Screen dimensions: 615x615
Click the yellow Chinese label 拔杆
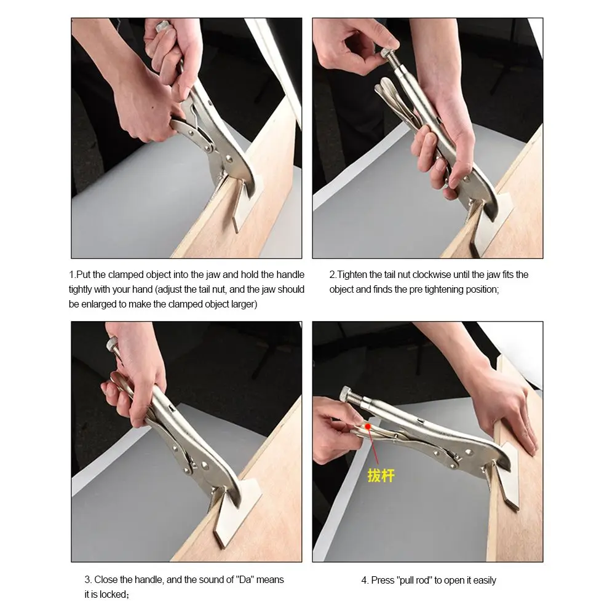coord(381,475)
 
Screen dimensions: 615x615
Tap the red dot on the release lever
coord(368,426)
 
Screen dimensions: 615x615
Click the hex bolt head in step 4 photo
coord(347,394)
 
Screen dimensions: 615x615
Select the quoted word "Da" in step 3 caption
coord(244,580)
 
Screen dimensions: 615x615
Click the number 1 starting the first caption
coord(71,274)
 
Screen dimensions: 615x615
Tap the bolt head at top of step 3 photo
coord(113,344)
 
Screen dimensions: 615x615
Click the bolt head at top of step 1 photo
coord(162,26)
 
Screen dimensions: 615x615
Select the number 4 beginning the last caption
coord(364,581)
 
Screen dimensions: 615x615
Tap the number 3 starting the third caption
coord(87,580)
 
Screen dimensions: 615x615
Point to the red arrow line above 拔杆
coord(373,447)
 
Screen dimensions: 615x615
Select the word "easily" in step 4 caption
coord(485,581)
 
